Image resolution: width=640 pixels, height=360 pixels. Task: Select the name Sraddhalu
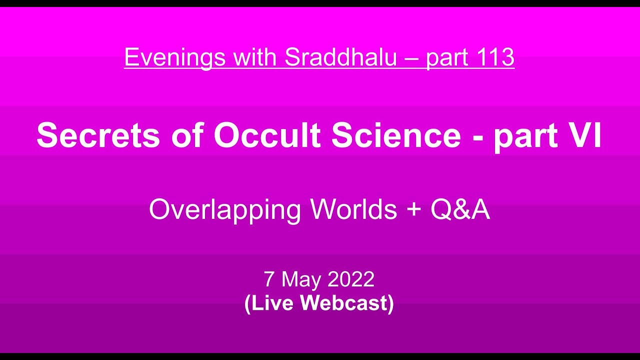tap(340, 58)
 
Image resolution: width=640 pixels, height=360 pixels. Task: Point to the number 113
tap(495, 58)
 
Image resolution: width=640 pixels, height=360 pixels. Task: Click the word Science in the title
tap(395, 135)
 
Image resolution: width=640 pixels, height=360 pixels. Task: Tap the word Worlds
tap(353, 209)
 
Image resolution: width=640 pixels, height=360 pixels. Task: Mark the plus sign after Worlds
tap(413, 210)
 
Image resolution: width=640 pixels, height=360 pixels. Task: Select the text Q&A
tap(460, 210)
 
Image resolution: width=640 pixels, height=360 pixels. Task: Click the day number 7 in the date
tap(269, 279)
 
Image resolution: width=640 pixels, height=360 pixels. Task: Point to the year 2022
tap(350, 279)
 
